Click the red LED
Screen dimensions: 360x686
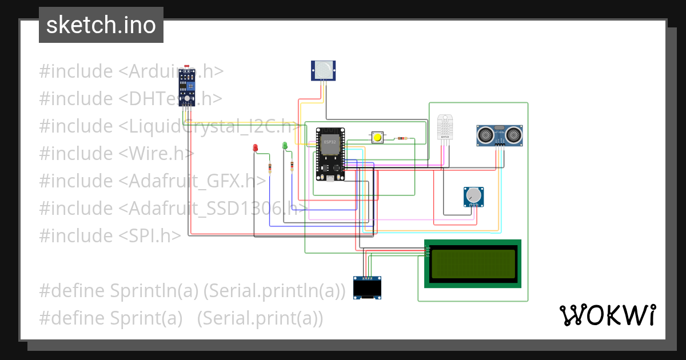point(256,148)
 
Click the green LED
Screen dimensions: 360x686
point(285,146)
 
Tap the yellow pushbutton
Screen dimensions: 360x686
point(377,138)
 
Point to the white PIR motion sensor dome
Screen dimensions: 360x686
point(323,70)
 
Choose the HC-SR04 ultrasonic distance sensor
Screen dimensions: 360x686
point(499,135)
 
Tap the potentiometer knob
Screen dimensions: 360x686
point(473,197)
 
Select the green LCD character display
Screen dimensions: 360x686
point(472,263)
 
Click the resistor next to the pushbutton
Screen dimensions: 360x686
point(402,138)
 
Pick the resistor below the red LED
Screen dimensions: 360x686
point(270,167)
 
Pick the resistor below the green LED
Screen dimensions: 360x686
point(292,166)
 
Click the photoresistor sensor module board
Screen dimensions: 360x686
point(186,87)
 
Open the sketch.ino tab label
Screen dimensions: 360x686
point(101,25)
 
